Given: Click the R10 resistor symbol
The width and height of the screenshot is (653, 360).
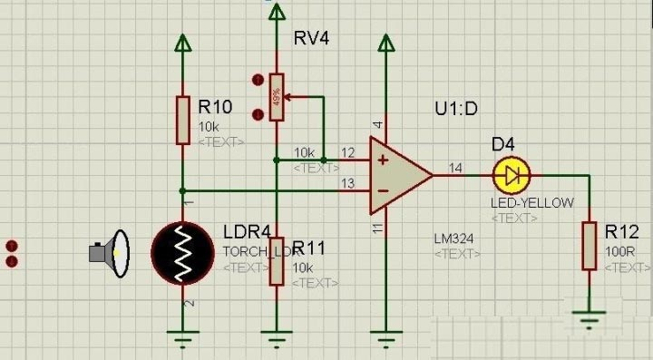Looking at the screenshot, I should [x=182, y=119].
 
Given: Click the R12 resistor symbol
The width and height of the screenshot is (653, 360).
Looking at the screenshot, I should [x=590, y=245].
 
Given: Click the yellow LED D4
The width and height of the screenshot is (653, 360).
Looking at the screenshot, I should [x=512, y=173].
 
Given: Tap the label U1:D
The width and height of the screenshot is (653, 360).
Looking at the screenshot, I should [x=456, y=110].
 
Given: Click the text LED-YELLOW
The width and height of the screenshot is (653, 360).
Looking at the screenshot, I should [x=532, y=203].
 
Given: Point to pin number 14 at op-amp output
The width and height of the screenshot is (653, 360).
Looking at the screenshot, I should [x=455, y=167].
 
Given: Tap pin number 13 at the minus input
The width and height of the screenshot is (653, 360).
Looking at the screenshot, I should [x=347, y=184].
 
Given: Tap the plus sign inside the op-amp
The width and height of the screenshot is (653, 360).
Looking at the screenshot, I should [x=382, y=160].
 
